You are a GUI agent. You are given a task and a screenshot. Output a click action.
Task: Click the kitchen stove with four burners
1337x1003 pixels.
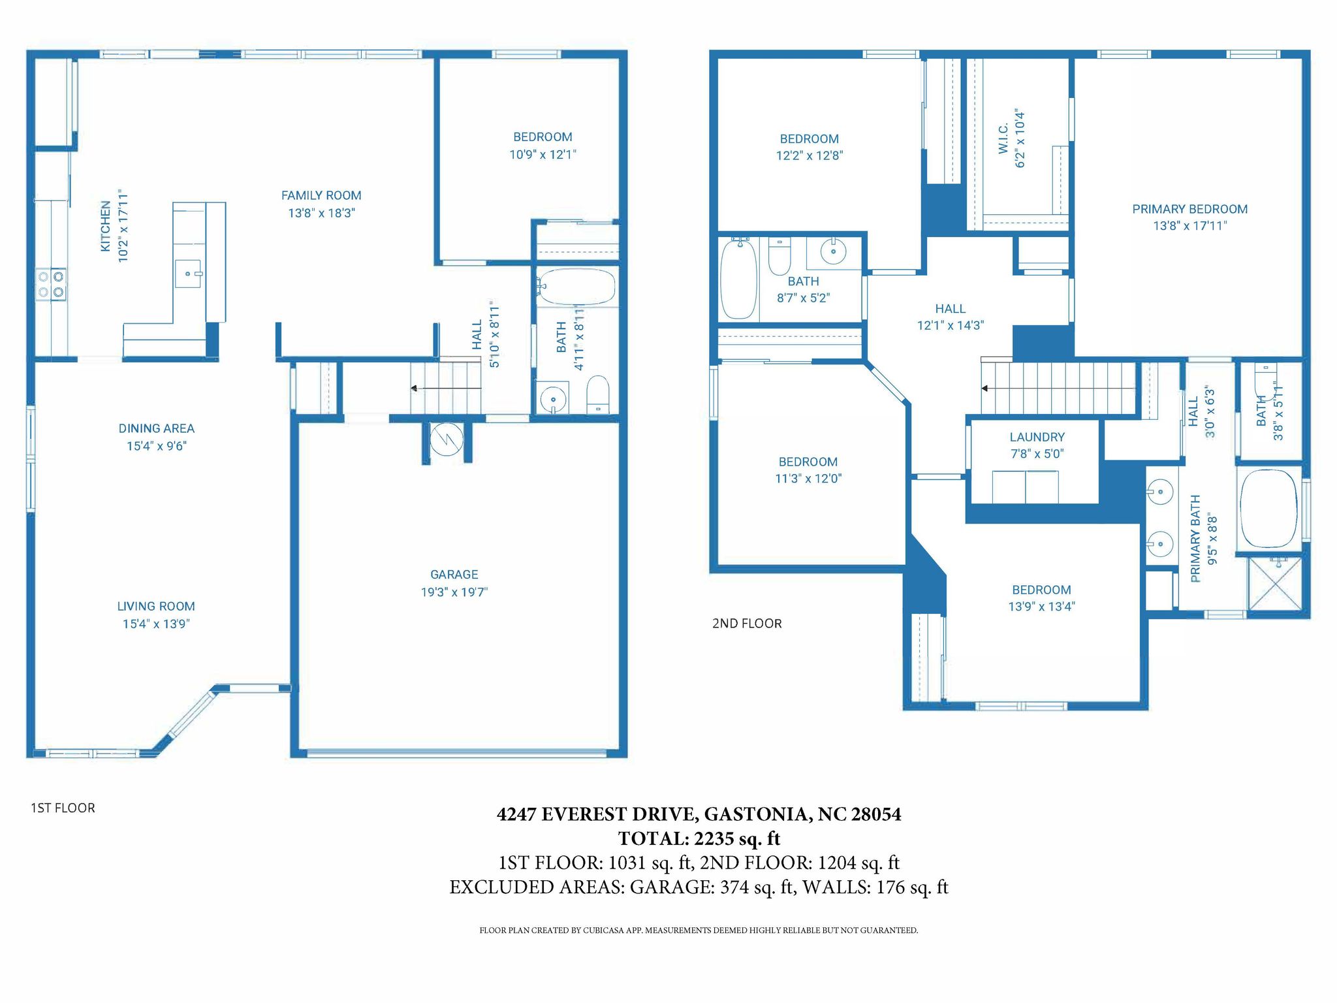click(51, 285)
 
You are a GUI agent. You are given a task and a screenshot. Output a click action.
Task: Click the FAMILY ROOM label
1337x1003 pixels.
click(321, 195)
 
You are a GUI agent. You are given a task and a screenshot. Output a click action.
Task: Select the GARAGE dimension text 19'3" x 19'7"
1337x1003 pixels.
click(454, 592)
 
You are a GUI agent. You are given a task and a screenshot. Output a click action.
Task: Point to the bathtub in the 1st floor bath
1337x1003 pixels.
click(576, 287)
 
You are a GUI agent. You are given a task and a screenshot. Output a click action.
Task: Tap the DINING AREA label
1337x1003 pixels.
click(157, 428)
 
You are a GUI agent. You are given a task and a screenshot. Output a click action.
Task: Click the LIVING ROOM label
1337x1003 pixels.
click(156, 606)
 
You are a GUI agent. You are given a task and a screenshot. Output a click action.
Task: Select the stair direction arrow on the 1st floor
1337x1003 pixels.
click(446, 389)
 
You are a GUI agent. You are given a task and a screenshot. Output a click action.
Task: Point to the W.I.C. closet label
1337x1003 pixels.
click(1003, 138)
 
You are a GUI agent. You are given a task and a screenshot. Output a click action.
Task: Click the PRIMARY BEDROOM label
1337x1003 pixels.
click(1190, 209)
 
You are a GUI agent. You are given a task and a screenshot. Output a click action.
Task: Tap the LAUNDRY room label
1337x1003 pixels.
click(1037, 437)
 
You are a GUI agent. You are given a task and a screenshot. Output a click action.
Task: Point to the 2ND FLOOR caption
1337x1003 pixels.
click(747, 624)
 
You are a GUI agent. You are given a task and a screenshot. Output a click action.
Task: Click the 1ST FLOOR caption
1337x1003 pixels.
click(63, 808)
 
